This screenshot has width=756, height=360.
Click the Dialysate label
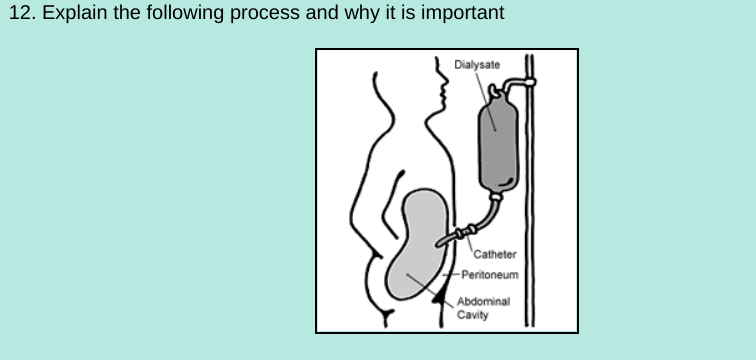(x=476, y=65)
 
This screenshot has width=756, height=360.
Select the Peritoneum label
(x=488, y=272)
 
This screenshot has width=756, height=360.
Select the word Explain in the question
(x=69, y=13)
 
